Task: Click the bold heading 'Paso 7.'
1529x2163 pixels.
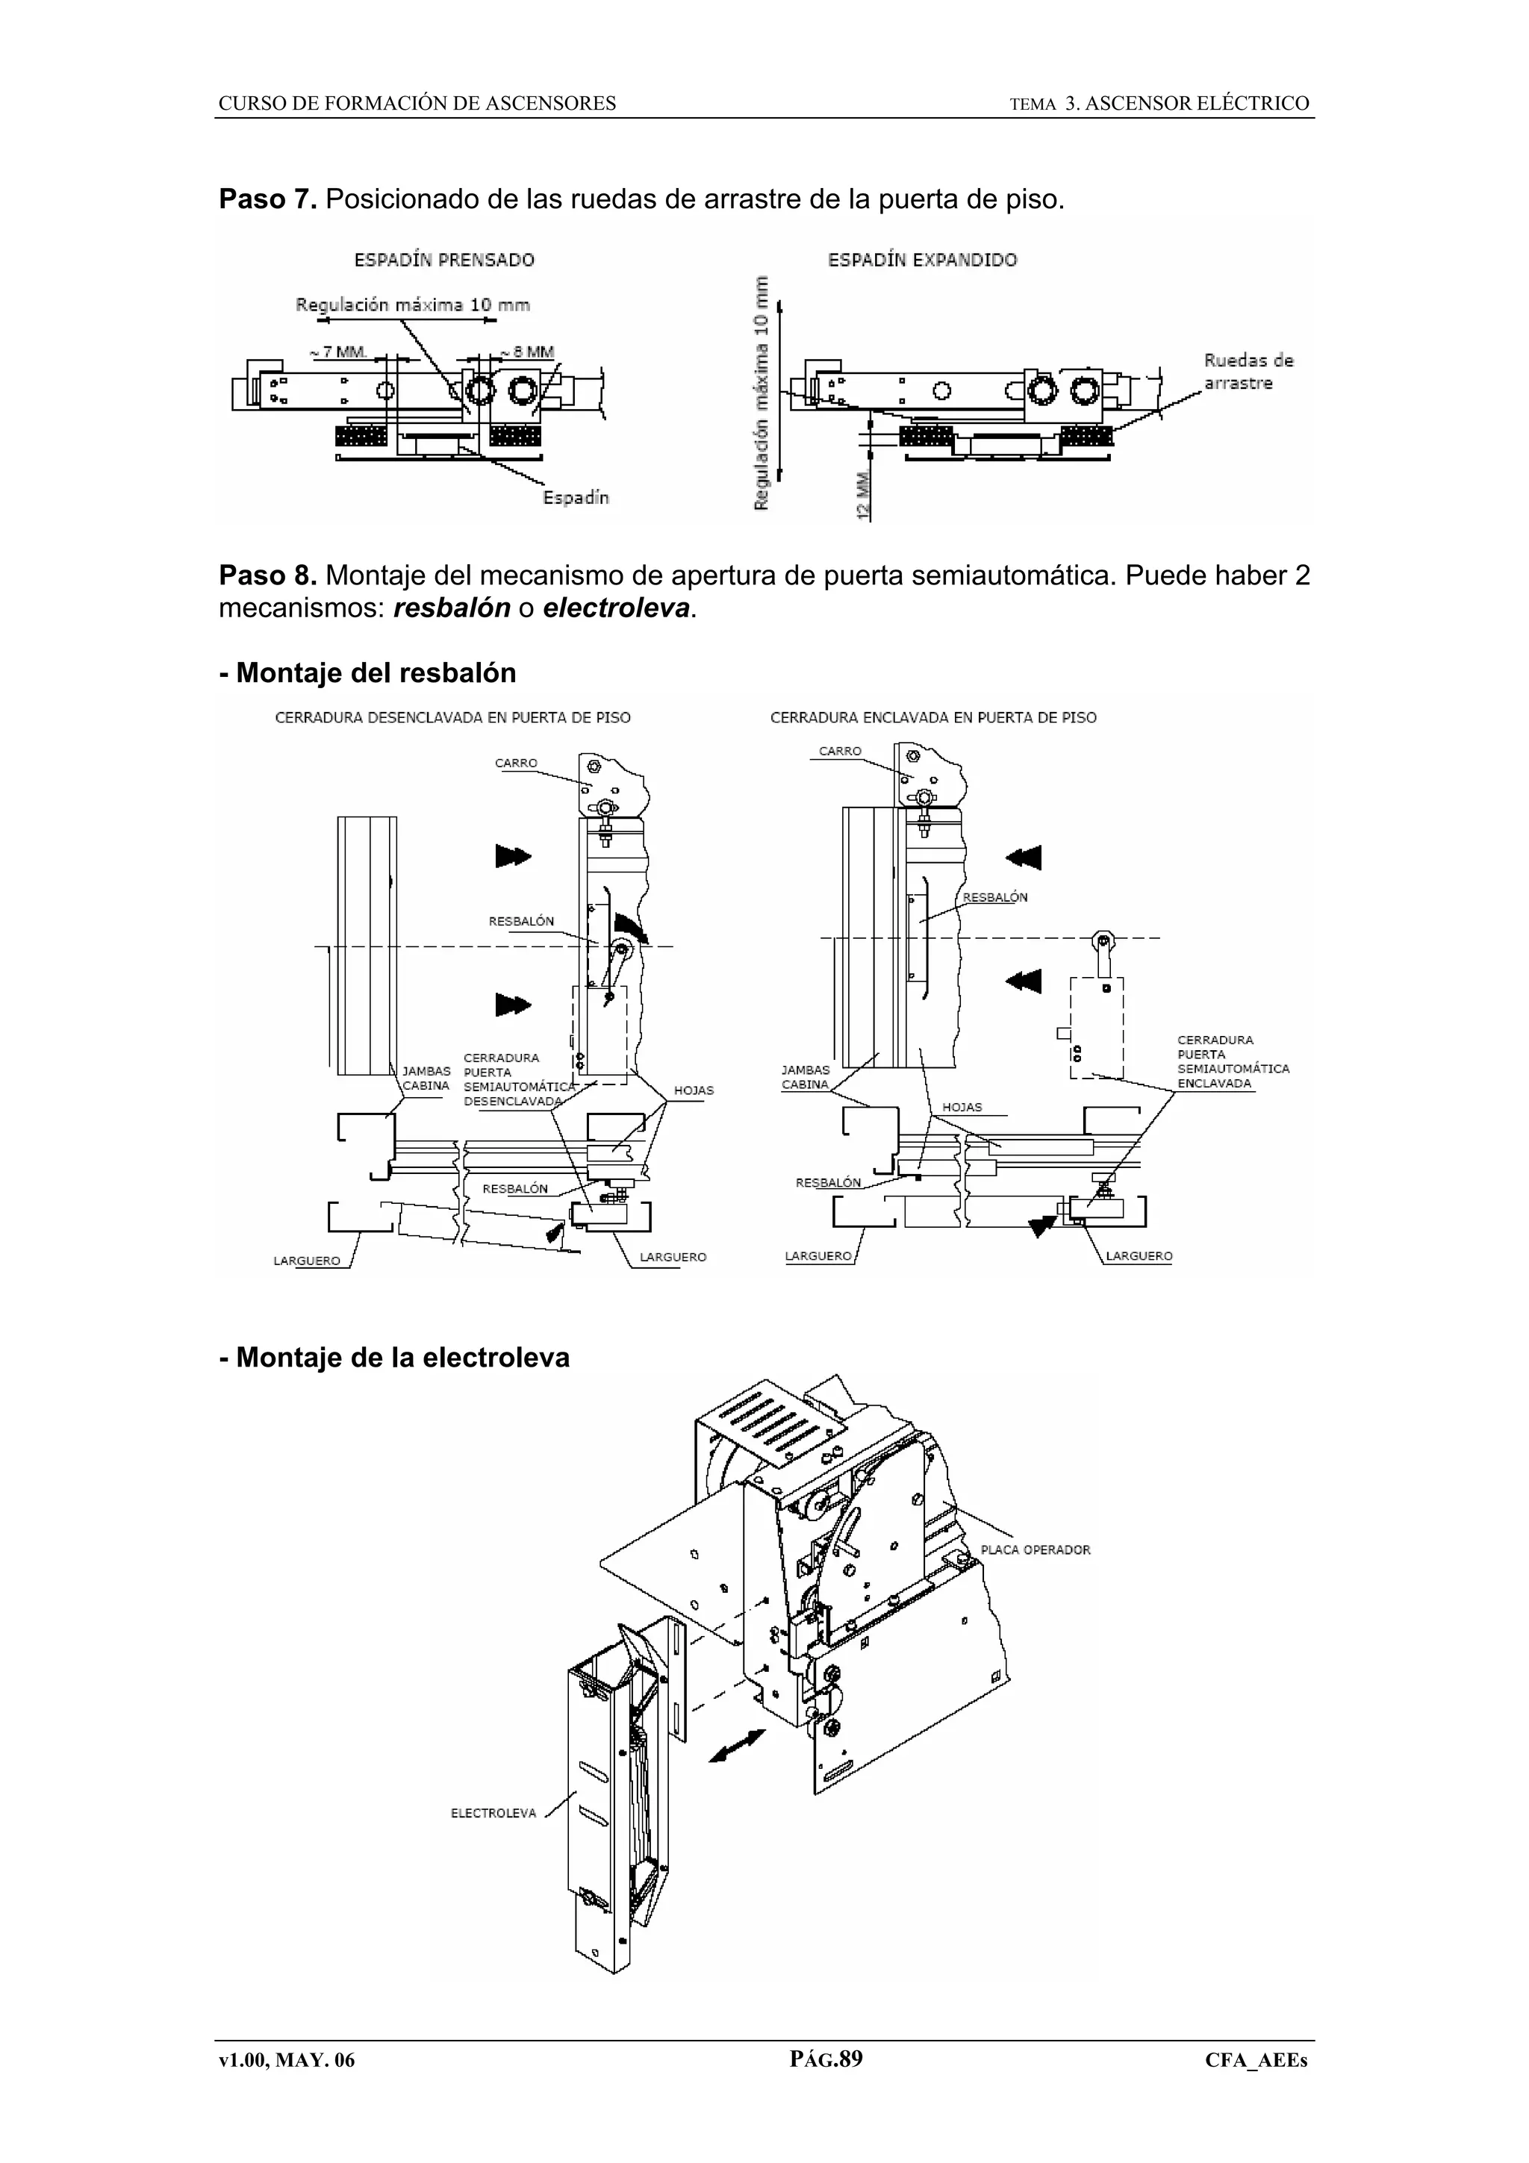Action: (267, 200)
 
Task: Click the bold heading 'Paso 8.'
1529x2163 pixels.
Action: (267, 575)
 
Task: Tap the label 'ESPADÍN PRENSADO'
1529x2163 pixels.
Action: (443, 260)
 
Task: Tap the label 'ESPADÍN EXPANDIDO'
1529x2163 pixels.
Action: (922, 260)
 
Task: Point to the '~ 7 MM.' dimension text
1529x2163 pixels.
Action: (338, 352)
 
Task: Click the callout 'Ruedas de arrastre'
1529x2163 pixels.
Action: (1248, 371)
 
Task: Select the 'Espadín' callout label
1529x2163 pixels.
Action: (576, 497)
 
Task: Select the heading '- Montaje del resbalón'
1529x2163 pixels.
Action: (367, 672)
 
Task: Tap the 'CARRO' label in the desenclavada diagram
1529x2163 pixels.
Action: (516, 763)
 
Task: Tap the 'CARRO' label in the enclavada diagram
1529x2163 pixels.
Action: (839, 751)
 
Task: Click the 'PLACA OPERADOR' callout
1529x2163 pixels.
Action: (1036, 1549)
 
